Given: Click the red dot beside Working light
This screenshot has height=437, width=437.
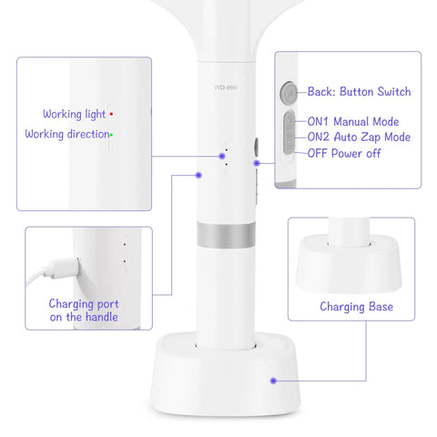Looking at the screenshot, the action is [111, 114].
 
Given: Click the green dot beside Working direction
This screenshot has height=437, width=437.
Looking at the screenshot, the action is [111, 135].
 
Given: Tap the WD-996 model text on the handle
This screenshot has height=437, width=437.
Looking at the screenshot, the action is [226, 87].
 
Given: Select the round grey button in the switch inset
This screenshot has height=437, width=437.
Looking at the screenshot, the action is [289, 92].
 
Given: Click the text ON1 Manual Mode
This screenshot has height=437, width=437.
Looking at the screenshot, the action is [353, 121].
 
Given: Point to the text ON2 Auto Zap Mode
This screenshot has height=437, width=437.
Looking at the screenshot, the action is [359, 137].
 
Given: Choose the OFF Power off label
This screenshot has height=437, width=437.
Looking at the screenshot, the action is [344, 153].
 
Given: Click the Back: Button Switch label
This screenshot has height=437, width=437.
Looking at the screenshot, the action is [359, 91].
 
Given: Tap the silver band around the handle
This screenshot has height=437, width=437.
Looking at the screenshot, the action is [226, 234].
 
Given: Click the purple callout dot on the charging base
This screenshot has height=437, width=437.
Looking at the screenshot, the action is [273, 381].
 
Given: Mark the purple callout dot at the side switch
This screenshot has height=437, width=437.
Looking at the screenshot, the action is [257, 163].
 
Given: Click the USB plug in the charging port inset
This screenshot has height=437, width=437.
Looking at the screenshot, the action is [66, 269].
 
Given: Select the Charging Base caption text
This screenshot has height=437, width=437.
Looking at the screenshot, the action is [356, 307].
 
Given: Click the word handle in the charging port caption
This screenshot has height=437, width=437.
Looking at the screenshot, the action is [102, 317].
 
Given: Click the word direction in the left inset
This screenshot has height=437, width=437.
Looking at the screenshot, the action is [88, 134].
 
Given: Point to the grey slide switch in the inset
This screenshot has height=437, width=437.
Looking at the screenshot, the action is [290, 132].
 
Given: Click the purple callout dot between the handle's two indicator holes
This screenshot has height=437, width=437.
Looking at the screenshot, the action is [222, 157].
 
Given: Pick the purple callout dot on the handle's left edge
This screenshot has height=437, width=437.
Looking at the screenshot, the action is [198, 175].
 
